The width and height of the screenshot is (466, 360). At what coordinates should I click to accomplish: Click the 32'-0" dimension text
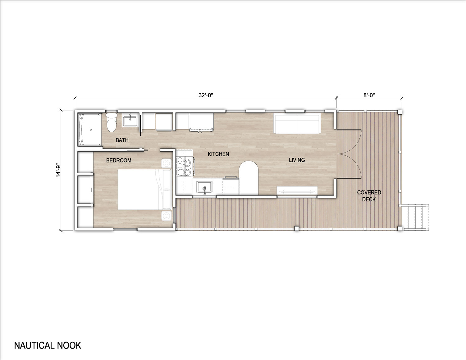(205, 95)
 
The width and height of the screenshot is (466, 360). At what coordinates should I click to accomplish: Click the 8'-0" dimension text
(369, 95)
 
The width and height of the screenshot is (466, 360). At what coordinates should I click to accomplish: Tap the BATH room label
(122, 140)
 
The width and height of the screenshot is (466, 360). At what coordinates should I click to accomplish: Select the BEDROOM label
(119, 160)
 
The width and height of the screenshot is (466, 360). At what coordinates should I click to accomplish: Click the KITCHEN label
(218, 154)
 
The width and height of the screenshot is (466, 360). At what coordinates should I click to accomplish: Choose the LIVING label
(297, 160)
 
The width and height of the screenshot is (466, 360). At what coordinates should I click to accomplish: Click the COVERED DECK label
(369, 196)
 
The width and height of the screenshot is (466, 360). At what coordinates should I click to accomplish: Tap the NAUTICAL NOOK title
(48, 345)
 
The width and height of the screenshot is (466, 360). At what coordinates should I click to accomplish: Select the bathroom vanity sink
(130, 120)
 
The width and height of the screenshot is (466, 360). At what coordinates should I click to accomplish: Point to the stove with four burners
(184, 166)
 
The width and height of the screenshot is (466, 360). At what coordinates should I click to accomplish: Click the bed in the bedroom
(144, 189)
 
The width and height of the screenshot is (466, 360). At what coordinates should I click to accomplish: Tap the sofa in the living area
(297, 123)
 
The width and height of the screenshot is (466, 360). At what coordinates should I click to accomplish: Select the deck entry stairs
(415, 217)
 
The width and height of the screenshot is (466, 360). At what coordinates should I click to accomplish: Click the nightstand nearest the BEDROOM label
(167, 163)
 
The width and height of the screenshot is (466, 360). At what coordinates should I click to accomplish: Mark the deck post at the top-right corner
(400, 112)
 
